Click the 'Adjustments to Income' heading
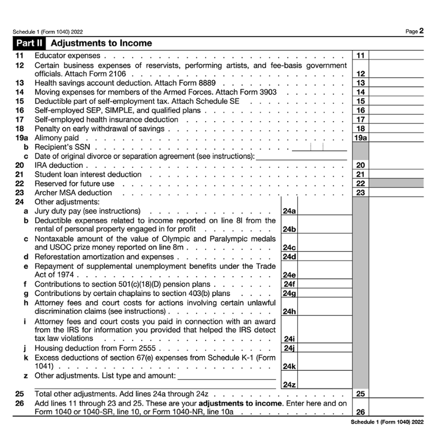[101, 43]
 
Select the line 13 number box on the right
[360, 83]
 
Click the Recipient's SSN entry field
[319, 147]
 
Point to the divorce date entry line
[301, 156]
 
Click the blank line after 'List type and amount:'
[226, 376]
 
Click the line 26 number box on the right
[360, 412]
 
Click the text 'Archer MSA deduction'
[73, 193]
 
